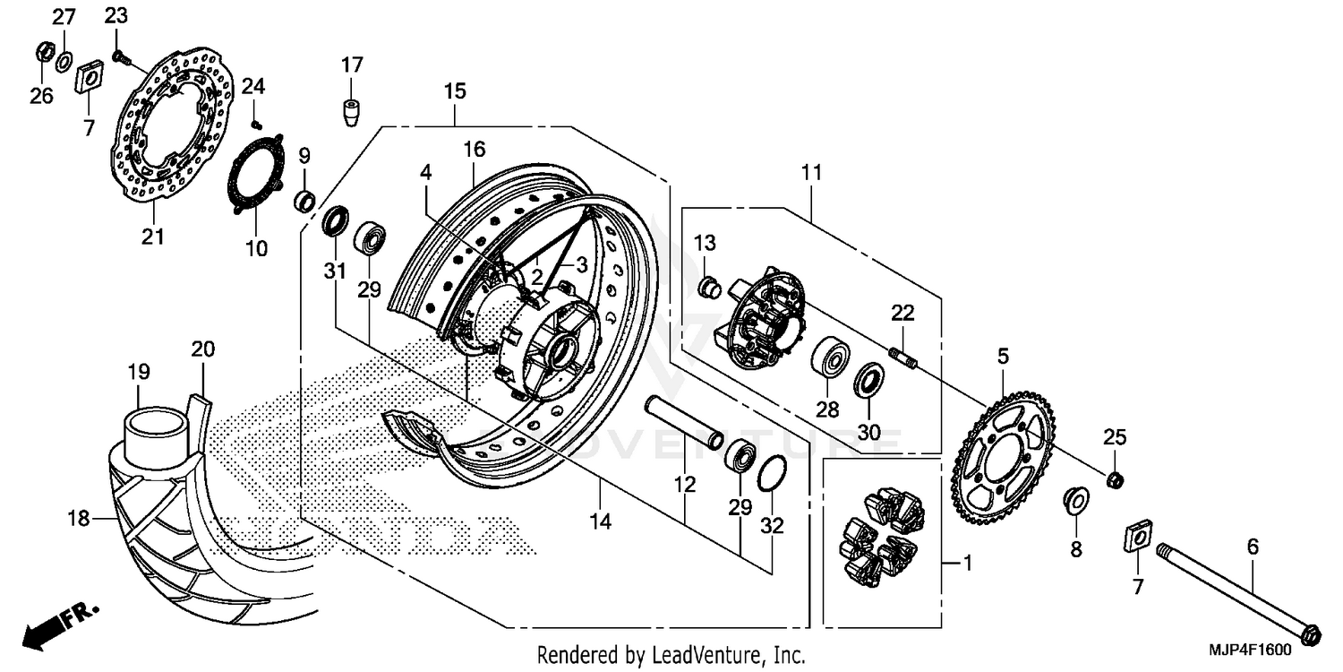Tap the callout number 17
tap(352, 65)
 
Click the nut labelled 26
tap(42, 53)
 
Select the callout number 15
tap(454, 90)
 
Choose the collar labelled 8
tap(1074, 500)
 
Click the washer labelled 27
tap(64, 62)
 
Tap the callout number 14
tap(601, 521)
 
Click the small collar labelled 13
tap(709, 287)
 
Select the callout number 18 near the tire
tap(81, 517)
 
